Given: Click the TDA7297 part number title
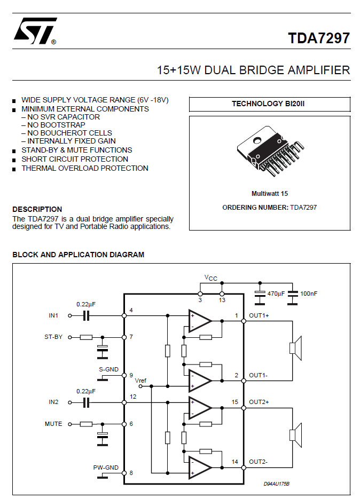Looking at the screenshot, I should click(x=319, y=38).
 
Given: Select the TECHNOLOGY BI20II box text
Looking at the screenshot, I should click(x=268, y=104).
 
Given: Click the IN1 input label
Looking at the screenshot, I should click(x=53, y=315).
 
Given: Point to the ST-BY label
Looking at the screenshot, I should click(x=53, y=337).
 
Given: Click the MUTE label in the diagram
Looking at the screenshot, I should click(x=53, y=424).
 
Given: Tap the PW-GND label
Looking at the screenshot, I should click(x=106, y=468).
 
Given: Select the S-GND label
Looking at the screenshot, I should click(x=108, y=369).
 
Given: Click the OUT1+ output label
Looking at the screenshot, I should click(x=259, y=315).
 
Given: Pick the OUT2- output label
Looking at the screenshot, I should click(x=259, y=462).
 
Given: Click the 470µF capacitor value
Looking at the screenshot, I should click(x=275, y=293).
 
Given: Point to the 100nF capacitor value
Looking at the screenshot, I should click(x=309, y=293).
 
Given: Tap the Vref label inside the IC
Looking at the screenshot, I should click(x=140, y=381).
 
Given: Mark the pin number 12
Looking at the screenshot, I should click(x=133, y=397).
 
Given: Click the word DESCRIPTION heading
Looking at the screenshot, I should click(x=37, y=209).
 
